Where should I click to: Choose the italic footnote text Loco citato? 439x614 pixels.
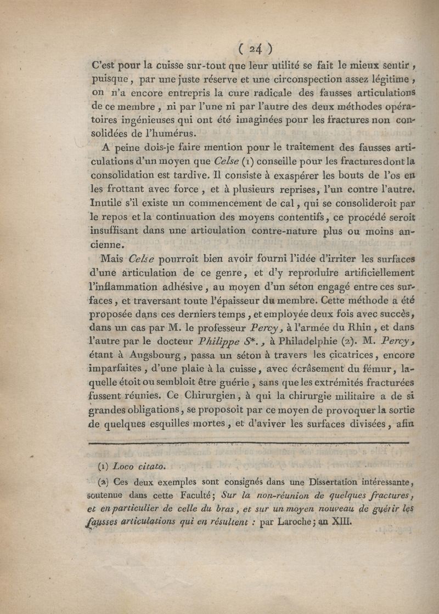(138, 467)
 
